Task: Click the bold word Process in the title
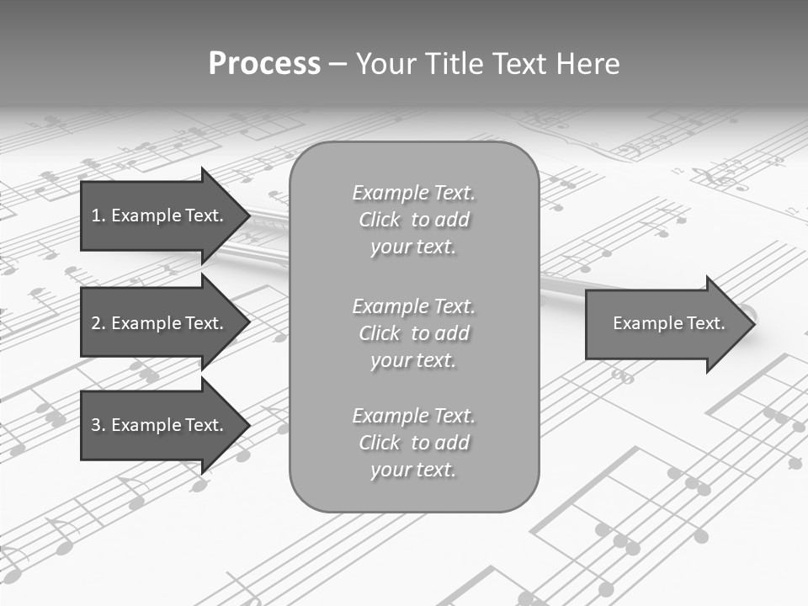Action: click(x=264, y=64)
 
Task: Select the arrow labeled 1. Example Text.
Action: click(x=160, y=215)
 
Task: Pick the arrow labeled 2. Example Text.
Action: click(x=160, y=323)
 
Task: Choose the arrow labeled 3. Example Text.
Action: click(x=160, y=425)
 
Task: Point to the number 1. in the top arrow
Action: click(x=98, y=215)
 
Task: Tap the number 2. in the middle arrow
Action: click(x=98, y=323)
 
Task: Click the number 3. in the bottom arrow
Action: click(x=98, y=425)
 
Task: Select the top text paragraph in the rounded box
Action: click(x=413, y=220)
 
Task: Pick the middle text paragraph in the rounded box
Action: click(x=413, y=333)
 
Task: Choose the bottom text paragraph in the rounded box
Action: click(x=413, y=443)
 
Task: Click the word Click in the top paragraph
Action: click(x=380, y=220)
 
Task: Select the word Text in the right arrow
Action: click(x=704, y=323)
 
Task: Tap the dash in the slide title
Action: click(x=338, y=64)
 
